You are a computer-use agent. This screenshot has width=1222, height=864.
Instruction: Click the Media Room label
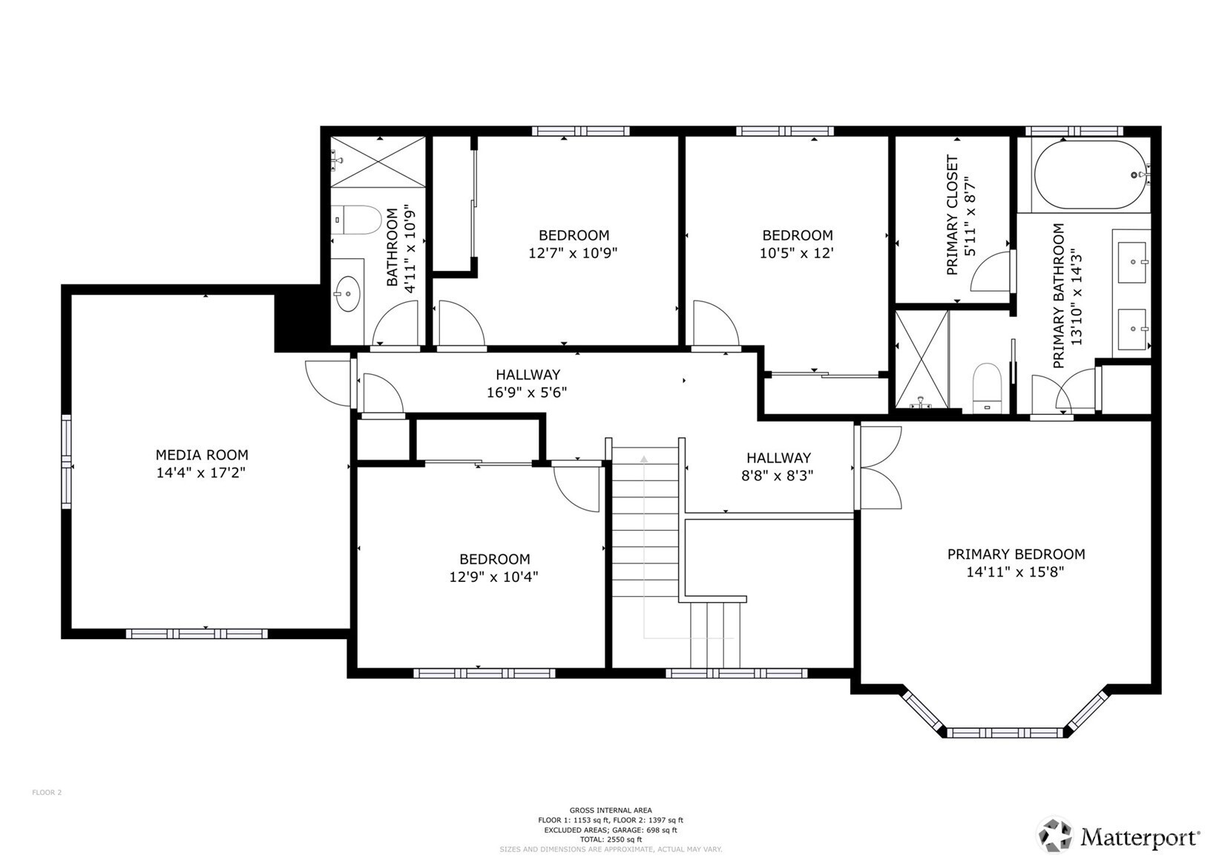(x=202, y=455)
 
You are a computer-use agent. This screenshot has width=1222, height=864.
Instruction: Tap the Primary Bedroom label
(x=1016, y=554)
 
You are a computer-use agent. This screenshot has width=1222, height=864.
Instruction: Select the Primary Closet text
(x=952, y=215)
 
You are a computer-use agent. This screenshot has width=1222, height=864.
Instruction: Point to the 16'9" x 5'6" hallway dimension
(x=527, y=392)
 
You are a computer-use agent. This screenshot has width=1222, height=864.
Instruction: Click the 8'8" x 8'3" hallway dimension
(x=778, y=475)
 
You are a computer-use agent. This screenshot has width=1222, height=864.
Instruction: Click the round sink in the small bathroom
(x=347, y=294)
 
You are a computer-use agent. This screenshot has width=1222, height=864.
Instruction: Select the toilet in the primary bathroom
(x=988, y=388)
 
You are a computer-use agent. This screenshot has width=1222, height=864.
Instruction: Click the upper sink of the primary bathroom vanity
(x=1132, y=263)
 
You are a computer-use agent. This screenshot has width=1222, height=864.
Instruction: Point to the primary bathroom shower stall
(x=922, y=359)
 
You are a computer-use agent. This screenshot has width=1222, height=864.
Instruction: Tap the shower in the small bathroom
(x=378, y=162)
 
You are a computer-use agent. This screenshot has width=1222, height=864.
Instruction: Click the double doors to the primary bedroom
(x=878, y=468)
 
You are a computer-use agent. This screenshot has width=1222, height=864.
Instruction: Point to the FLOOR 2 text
(x=47, y=793)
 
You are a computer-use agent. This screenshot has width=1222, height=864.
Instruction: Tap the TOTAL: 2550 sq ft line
(x=611, y=840)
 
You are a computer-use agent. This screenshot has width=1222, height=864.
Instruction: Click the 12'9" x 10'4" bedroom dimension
(x=493, y=576)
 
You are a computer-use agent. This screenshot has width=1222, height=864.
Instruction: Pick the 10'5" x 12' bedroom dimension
(x=797, y=252)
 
